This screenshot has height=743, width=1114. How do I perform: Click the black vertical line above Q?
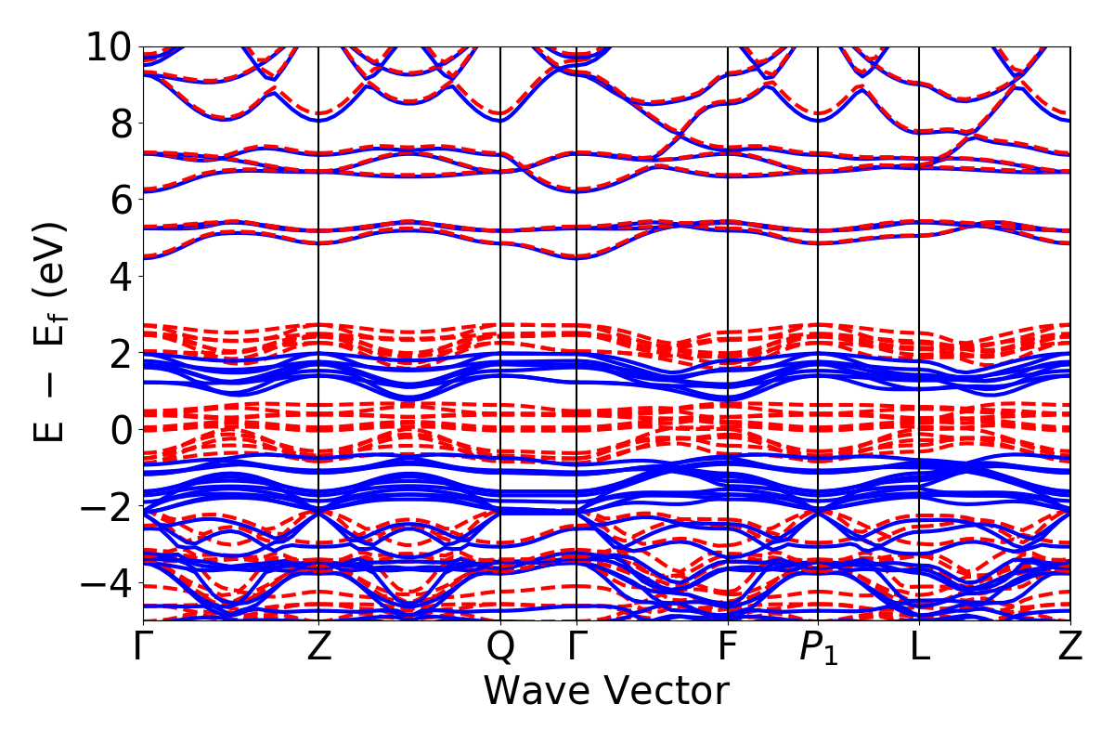tap(500, 279)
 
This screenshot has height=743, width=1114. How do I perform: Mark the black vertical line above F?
tap(728, 279)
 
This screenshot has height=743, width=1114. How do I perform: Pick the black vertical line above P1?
tap(818, 279)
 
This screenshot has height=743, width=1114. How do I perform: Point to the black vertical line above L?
tap(919, 279)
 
